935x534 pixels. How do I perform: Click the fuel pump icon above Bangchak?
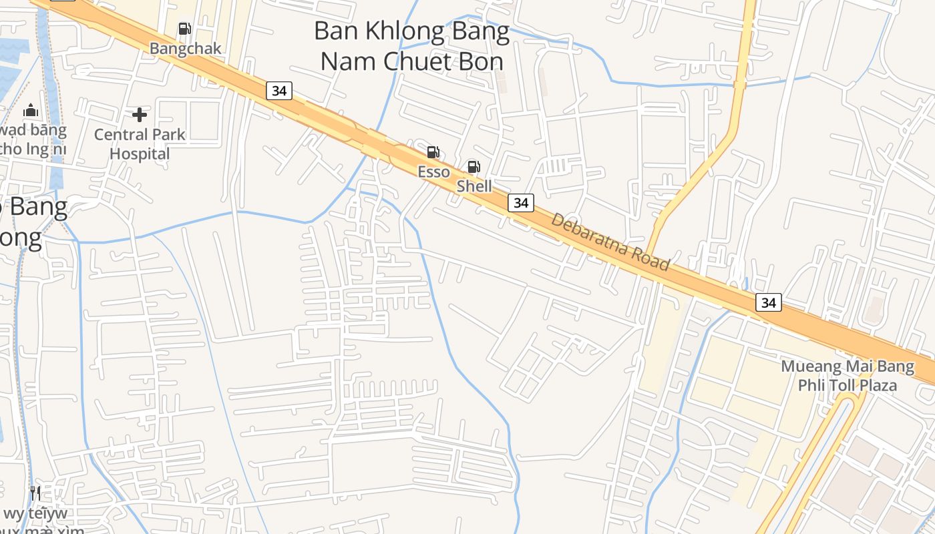184,29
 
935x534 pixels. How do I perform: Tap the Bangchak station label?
185,49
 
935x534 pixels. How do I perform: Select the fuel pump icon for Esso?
433,152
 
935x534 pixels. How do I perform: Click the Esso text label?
433,172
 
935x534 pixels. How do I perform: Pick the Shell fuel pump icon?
474,167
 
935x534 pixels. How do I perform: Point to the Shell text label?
474,186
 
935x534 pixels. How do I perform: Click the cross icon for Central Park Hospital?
140,115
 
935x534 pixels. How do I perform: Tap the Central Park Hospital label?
140,144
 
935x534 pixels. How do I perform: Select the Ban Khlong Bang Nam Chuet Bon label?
411,45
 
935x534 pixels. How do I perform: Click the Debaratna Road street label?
610,242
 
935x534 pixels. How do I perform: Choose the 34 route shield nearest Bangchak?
279,90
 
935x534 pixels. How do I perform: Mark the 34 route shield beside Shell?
521,202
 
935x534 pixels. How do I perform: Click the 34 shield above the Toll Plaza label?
769,302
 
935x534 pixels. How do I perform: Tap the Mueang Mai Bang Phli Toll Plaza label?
848,376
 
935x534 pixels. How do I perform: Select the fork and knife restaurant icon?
35,493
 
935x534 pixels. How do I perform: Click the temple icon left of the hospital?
30,111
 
